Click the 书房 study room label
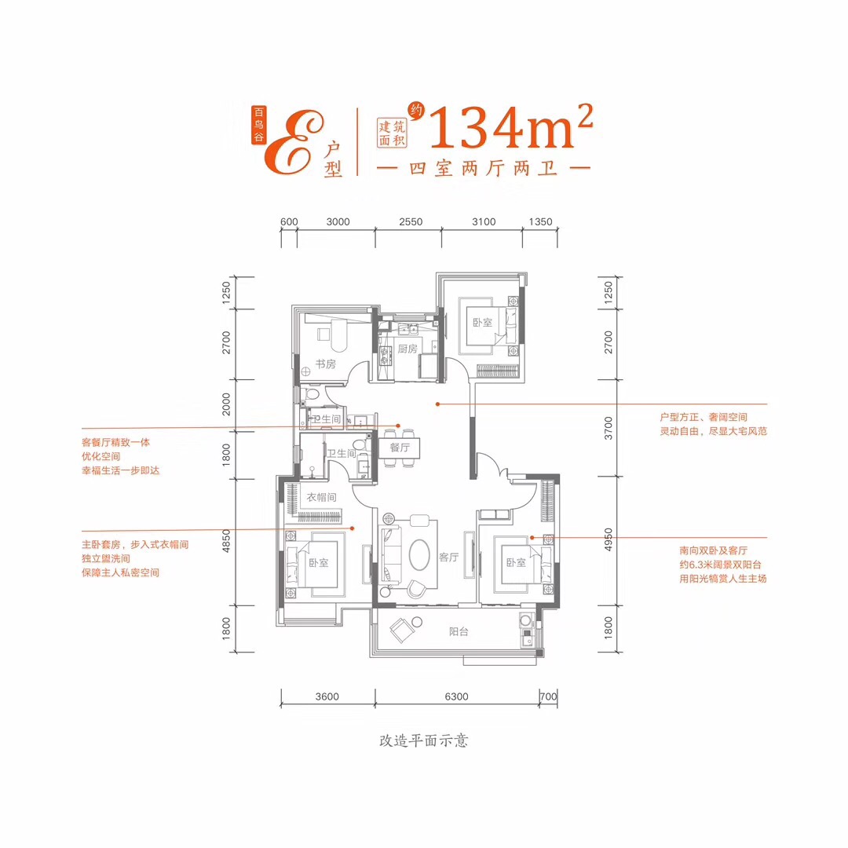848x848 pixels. point(326,364)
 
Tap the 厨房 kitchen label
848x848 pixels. point(408,349)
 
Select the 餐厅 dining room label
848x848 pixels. point(400,448)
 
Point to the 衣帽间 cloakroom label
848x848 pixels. point(321,497)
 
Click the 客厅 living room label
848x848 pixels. point(448,557)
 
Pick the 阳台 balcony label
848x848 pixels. point(459,631)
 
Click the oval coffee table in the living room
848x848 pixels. point(419,554)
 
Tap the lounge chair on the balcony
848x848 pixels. point(402,630)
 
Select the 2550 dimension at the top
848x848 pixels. point(411,221)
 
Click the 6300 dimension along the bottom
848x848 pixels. point(456,696)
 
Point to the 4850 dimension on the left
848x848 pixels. point(226,541)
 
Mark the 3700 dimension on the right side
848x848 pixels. point(609,428)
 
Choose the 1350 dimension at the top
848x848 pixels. point(540,221)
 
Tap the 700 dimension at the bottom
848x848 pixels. point(548,696)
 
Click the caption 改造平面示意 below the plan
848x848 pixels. point(423,740)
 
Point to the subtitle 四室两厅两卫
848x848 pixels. point(483,169)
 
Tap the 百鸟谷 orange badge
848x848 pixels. point(259,125)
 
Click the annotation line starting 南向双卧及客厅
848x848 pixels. point(713,550)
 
